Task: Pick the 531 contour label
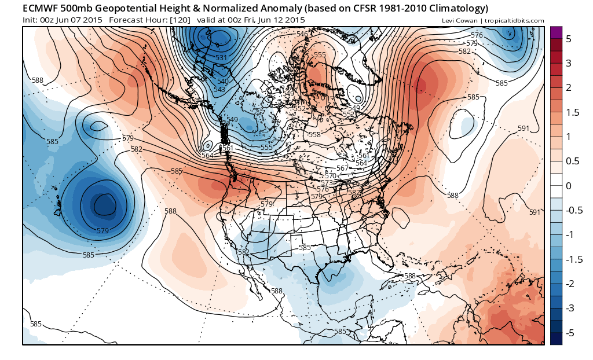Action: coord(221,58)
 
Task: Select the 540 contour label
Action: coord(222,82)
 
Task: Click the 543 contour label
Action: coord(219,89)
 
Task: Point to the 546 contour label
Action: coord(302,34)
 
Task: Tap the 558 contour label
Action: coord(314,134)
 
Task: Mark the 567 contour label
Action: coord(342,168)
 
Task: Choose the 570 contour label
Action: coord(331,175)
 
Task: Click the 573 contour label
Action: coord(327,182)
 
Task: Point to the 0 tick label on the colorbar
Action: coord(568,186)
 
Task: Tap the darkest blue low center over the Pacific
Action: coord(104,204)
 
